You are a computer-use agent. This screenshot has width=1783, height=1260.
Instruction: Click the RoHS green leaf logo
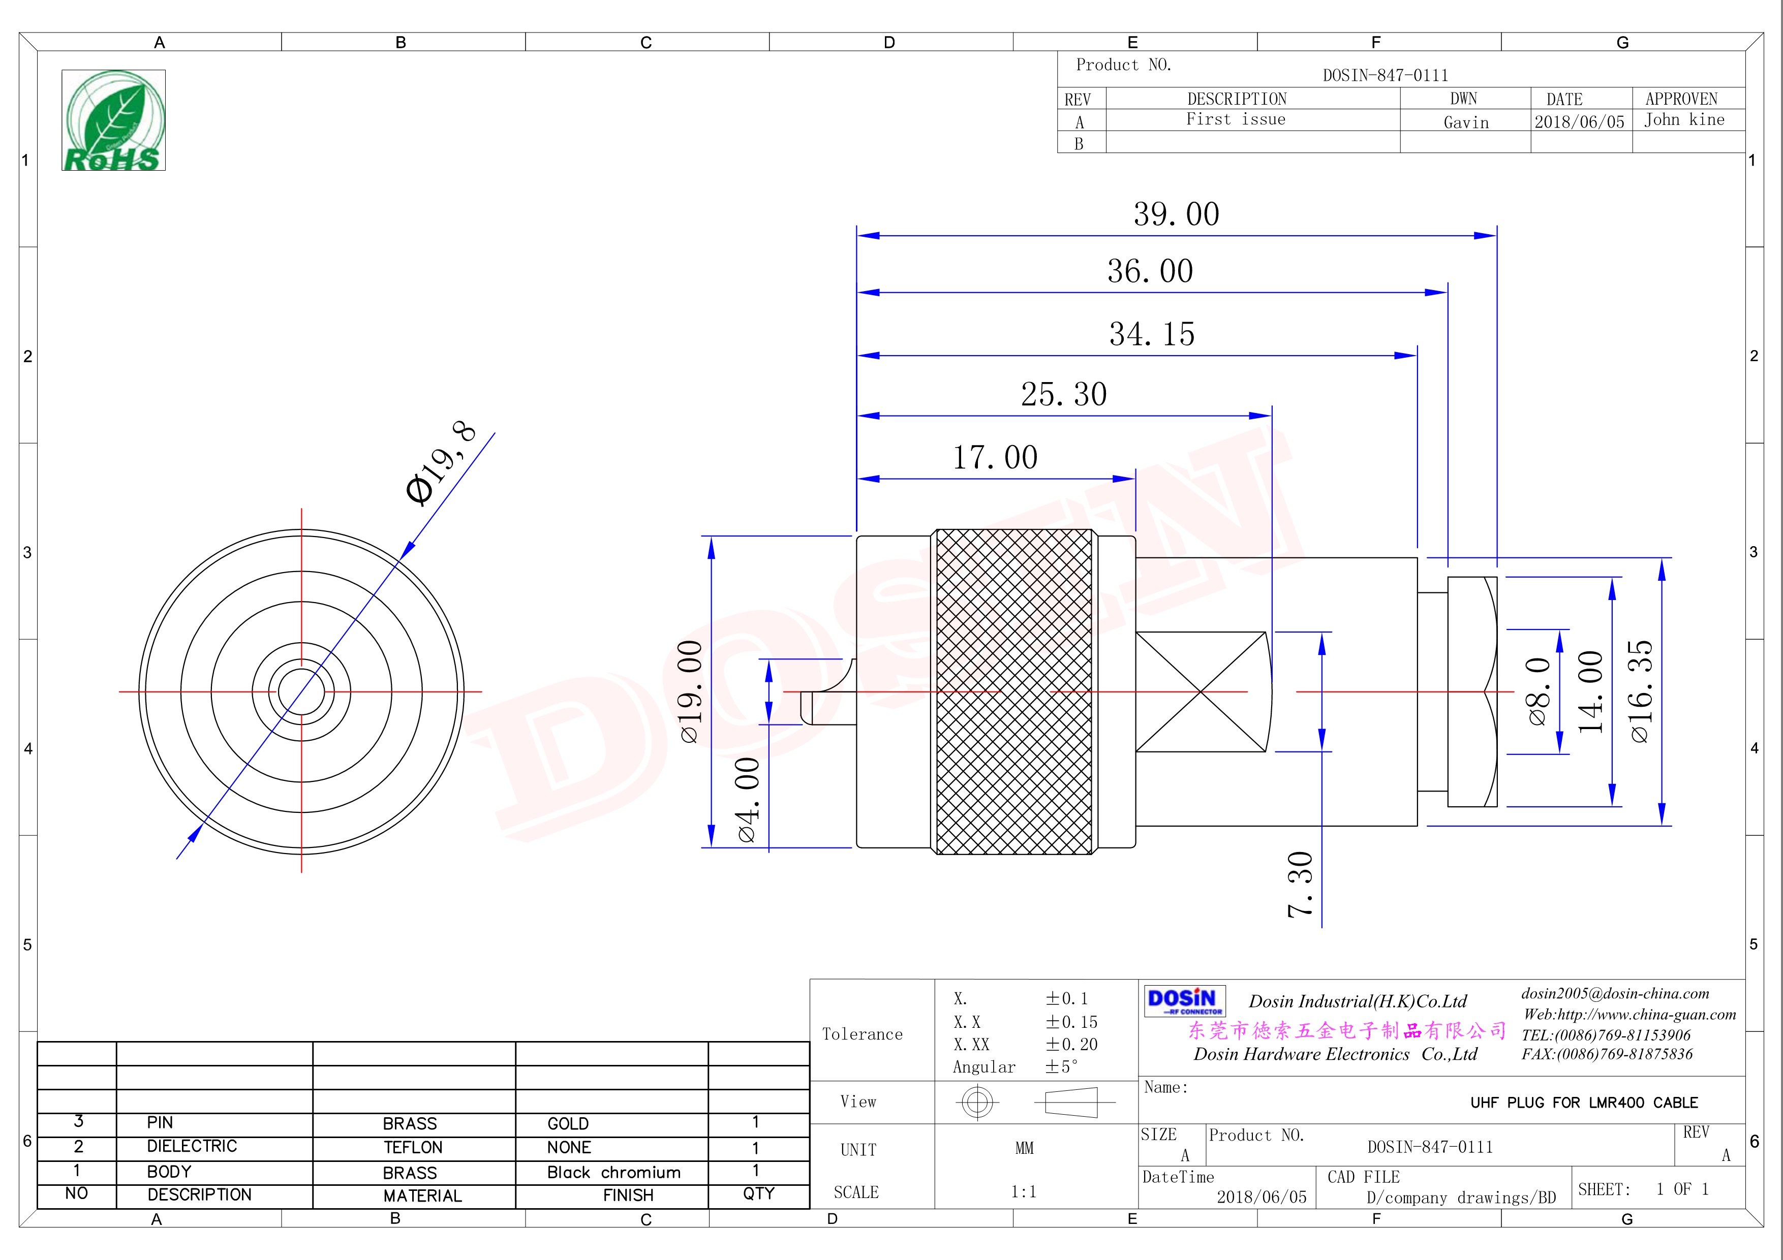113,120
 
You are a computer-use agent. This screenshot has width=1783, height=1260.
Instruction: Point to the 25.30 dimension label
1063,394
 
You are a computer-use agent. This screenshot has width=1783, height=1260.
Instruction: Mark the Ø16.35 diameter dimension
1641,691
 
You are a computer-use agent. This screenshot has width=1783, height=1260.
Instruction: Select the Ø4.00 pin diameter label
747,800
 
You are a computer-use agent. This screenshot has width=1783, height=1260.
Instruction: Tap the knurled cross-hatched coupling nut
1013,691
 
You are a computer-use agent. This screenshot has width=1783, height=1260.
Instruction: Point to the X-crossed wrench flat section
1201,691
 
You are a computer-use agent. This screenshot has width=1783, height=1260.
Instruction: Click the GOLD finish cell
568,1123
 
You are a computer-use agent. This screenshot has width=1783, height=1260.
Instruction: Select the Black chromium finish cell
613,1172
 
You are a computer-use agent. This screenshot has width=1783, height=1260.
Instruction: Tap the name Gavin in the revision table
1465,122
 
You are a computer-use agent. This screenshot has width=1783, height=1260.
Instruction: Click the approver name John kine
1683,119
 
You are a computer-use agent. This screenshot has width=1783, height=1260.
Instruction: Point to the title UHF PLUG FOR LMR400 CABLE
1583,1102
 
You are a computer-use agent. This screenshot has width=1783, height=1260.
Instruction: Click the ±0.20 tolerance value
1071,1044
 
